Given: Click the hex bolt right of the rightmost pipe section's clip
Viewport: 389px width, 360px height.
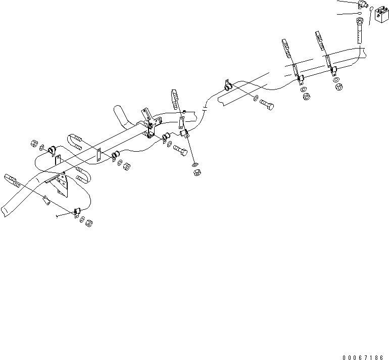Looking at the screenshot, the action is pyautogui.click(x=266, y=104).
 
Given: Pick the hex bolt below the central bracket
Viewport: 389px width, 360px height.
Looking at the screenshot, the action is pyautogui.click(x=180, y=150).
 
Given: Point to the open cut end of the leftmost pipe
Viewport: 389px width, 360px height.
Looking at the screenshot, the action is pyautogui.click(x=5, y=207).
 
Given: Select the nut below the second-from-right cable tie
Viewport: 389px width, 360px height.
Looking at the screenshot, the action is pyautogui.click(x=305, y=96).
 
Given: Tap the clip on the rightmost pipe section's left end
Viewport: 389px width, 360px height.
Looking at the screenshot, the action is pyautogui.click(x=227, y=86).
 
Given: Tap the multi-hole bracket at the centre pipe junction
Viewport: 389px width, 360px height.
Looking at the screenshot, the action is pyautogui.click(x=150, y=124).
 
